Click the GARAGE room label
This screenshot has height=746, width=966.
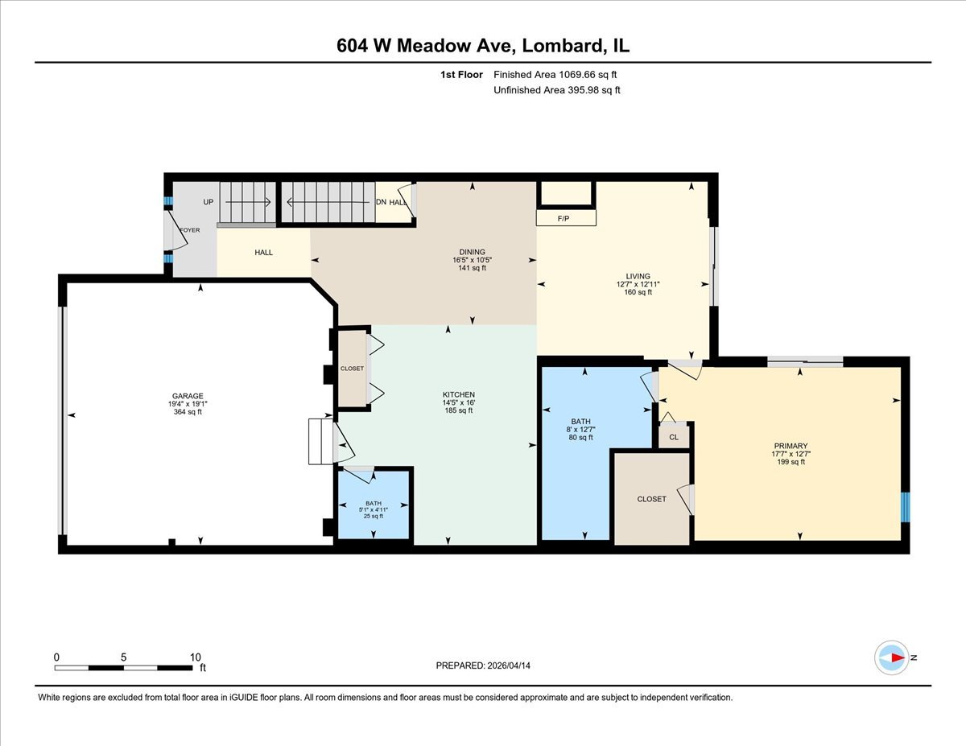coord(188,396)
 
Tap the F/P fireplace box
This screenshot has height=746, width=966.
coord(566,218)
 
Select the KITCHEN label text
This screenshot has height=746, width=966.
coord(459,394)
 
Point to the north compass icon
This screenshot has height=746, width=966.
coord(891,657)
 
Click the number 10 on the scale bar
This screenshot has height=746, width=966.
coord(195,657)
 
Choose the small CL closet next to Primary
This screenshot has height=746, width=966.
coord(674,437)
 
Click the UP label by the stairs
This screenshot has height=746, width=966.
coord(208,202)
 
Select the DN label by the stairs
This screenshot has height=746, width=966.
coord(381,202)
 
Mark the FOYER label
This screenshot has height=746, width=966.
coord(190,230)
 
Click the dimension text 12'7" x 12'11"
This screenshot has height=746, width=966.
coord(638,284)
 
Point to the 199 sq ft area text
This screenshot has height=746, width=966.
coord(791,462)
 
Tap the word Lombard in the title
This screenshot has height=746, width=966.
coord(560,46)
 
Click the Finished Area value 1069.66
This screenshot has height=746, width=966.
coord(576,75)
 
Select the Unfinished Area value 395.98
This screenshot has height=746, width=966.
coord(584,90)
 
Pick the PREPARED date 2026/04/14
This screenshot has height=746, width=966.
coord(509,666)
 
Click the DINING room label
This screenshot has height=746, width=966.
coord(472,252)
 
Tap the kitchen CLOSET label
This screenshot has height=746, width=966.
coord(352,369)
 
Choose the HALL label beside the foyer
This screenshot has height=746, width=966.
coord(263,253)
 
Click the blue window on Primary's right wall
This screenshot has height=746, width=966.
coord(905,507)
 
